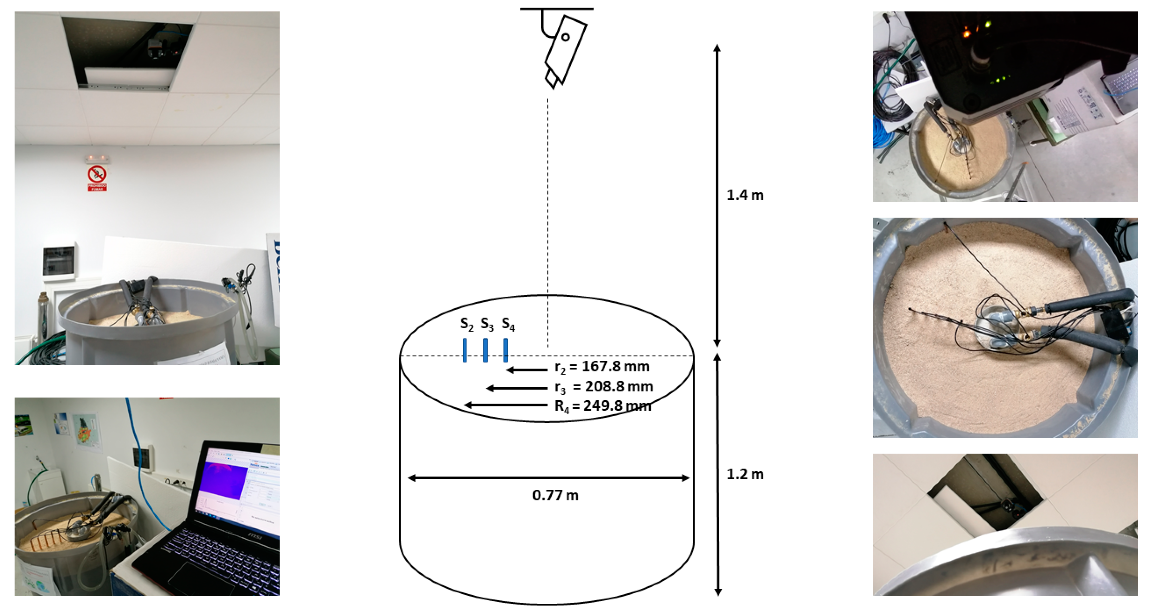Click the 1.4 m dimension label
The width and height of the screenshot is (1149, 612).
[x=745, y=195]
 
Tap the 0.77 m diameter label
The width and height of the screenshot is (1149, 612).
[x=555, y=495]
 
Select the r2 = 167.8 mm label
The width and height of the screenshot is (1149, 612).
[x=602, y=367]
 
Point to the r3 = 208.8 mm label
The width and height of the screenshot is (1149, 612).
[x=603, y=387]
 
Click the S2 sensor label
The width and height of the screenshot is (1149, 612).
[x=466, y=324]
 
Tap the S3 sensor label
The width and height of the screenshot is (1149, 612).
[x=487, y=324]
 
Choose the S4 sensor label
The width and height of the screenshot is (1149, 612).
[x=508, y=324]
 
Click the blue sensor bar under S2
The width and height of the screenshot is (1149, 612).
[x=465, y=350]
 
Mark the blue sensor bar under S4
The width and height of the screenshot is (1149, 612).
[x=505, y=350]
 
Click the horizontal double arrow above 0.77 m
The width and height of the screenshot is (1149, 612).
[x=549, y=478]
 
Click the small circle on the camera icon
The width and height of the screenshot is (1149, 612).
[x=565, y=37]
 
